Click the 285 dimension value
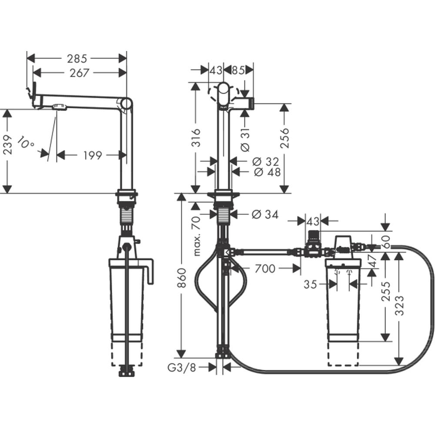pos(77,59)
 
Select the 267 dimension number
pos(79,73)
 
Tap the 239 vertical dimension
pos(7,144)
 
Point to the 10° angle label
pos(26,142)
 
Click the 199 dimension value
pos(93,155)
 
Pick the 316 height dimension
pos(196,137)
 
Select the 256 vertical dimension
pos(284,137)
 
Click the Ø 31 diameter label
pos(245,140)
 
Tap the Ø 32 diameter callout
pos(265,161)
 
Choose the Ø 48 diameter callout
pos(267,172)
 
